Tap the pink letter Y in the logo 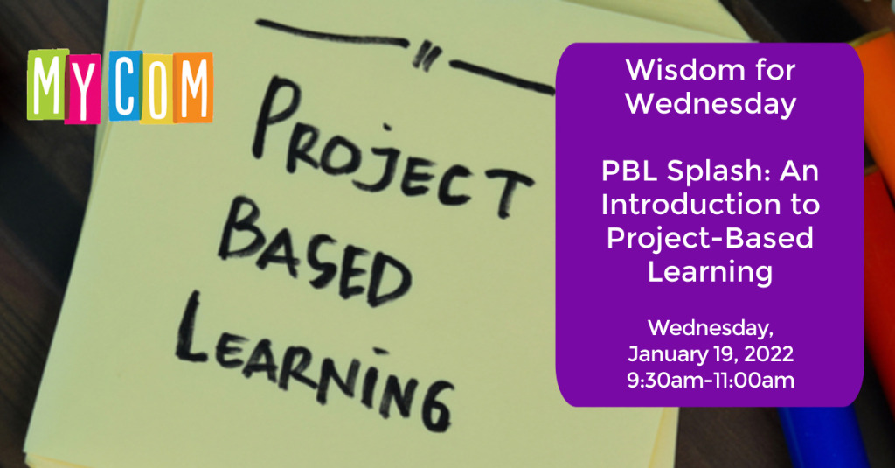83,89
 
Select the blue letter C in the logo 126,86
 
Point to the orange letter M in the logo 193,87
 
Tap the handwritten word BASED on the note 313,255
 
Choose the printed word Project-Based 710,238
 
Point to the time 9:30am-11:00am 711,380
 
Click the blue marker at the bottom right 822,437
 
